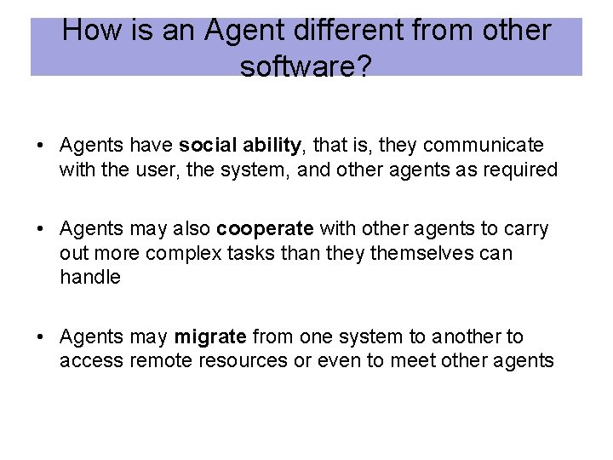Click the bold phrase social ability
(240, 146)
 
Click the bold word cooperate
(265, 229)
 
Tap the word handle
(90, 277)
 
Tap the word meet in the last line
(413, 361)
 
